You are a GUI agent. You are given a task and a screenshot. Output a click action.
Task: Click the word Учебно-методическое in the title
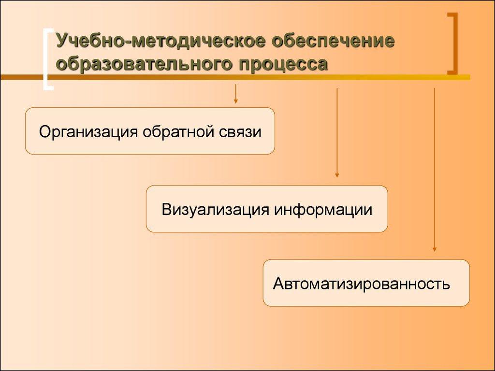160,41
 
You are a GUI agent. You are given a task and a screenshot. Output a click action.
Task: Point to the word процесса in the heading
283,64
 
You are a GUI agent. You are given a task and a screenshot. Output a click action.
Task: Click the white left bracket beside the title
45,59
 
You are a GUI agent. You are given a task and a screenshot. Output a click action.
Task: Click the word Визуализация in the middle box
215,210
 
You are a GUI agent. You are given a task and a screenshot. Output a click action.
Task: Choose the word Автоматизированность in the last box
362,284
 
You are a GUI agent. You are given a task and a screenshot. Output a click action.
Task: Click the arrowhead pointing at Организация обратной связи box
235,101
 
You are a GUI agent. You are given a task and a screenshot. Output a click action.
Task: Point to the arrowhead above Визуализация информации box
337,175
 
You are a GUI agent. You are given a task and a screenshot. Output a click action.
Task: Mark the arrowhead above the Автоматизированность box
435,249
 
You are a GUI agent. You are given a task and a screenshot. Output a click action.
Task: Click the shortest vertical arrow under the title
235,94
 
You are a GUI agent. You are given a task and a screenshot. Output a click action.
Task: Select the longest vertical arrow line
435,170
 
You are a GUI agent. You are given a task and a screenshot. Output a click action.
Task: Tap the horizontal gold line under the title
235,77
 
